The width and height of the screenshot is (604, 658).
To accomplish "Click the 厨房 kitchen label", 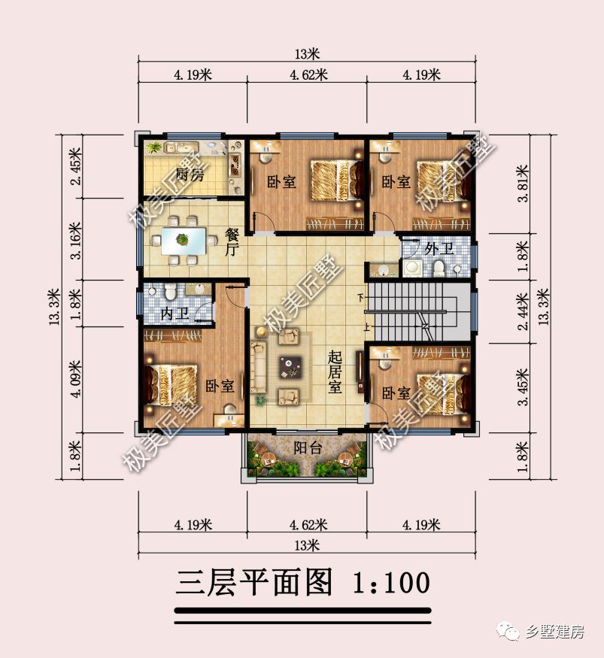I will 190,176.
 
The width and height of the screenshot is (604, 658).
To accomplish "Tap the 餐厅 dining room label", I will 232,243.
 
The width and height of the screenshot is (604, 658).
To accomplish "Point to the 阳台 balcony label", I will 308,448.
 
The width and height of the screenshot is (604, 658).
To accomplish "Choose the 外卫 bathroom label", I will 437,248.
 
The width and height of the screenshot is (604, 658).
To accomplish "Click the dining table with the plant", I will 183,241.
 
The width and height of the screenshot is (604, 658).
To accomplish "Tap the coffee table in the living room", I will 289,367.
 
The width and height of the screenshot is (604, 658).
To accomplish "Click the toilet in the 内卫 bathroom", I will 169,290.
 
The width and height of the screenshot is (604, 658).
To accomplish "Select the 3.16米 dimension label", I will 74,238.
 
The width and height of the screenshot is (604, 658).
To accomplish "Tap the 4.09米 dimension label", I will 74,380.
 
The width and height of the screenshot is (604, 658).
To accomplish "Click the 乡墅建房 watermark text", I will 554,632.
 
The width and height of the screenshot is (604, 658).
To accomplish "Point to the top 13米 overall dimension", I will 307,54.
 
